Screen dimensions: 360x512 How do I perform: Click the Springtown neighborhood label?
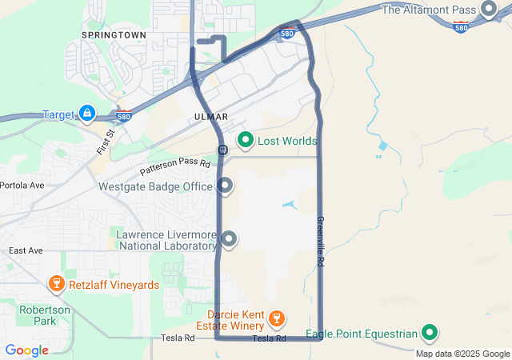(x=114, y=36)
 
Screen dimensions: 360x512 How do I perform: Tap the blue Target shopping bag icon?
(x=86, y=114)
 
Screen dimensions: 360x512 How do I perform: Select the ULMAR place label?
(x=211, y=117)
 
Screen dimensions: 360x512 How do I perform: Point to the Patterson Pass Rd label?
(x=174, y=166)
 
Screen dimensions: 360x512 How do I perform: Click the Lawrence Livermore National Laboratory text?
(x=166, y=240)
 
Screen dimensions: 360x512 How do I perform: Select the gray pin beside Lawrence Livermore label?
(x=230, y=238)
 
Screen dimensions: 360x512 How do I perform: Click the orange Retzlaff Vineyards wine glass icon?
(x=56, y=284)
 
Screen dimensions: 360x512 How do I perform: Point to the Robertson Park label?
(x=46, y=315)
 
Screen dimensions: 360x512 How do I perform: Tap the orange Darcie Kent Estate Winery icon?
(x=276, y=319)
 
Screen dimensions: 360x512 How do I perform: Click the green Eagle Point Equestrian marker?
(x=430, y=333)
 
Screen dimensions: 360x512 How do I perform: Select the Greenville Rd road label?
(x=321, y=241)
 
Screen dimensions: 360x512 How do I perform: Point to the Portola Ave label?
(x=22, y=185)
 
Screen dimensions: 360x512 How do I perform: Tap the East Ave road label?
(x=26, y=250)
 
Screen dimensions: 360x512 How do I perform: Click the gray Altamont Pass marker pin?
(x=489, y=10)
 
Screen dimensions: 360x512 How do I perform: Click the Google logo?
(x=26, y=350)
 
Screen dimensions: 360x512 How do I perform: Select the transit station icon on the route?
(x=222, y=150)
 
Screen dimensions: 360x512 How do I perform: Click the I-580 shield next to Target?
(x=123, y=117)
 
